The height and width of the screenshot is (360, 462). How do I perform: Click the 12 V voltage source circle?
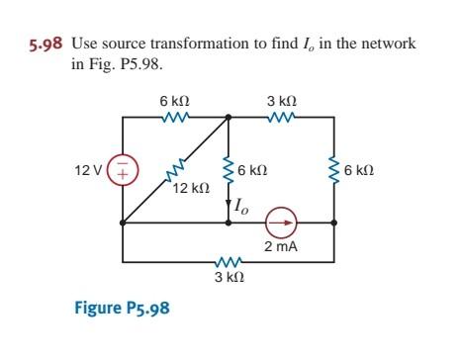[123, 170]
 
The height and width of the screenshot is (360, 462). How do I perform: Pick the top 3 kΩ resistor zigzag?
[280, 117]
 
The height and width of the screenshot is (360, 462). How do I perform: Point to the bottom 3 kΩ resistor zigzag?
[227, 263]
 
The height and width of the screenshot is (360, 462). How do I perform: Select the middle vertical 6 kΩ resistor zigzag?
[229, 170]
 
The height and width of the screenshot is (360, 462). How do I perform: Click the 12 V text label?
[87, 170]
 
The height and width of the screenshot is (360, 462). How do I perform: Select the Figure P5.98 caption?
[122, 307]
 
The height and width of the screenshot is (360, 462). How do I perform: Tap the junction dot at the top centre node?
[229, 117]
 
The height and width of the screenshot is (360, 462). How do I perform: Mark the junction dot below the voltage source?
[123, 224]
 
